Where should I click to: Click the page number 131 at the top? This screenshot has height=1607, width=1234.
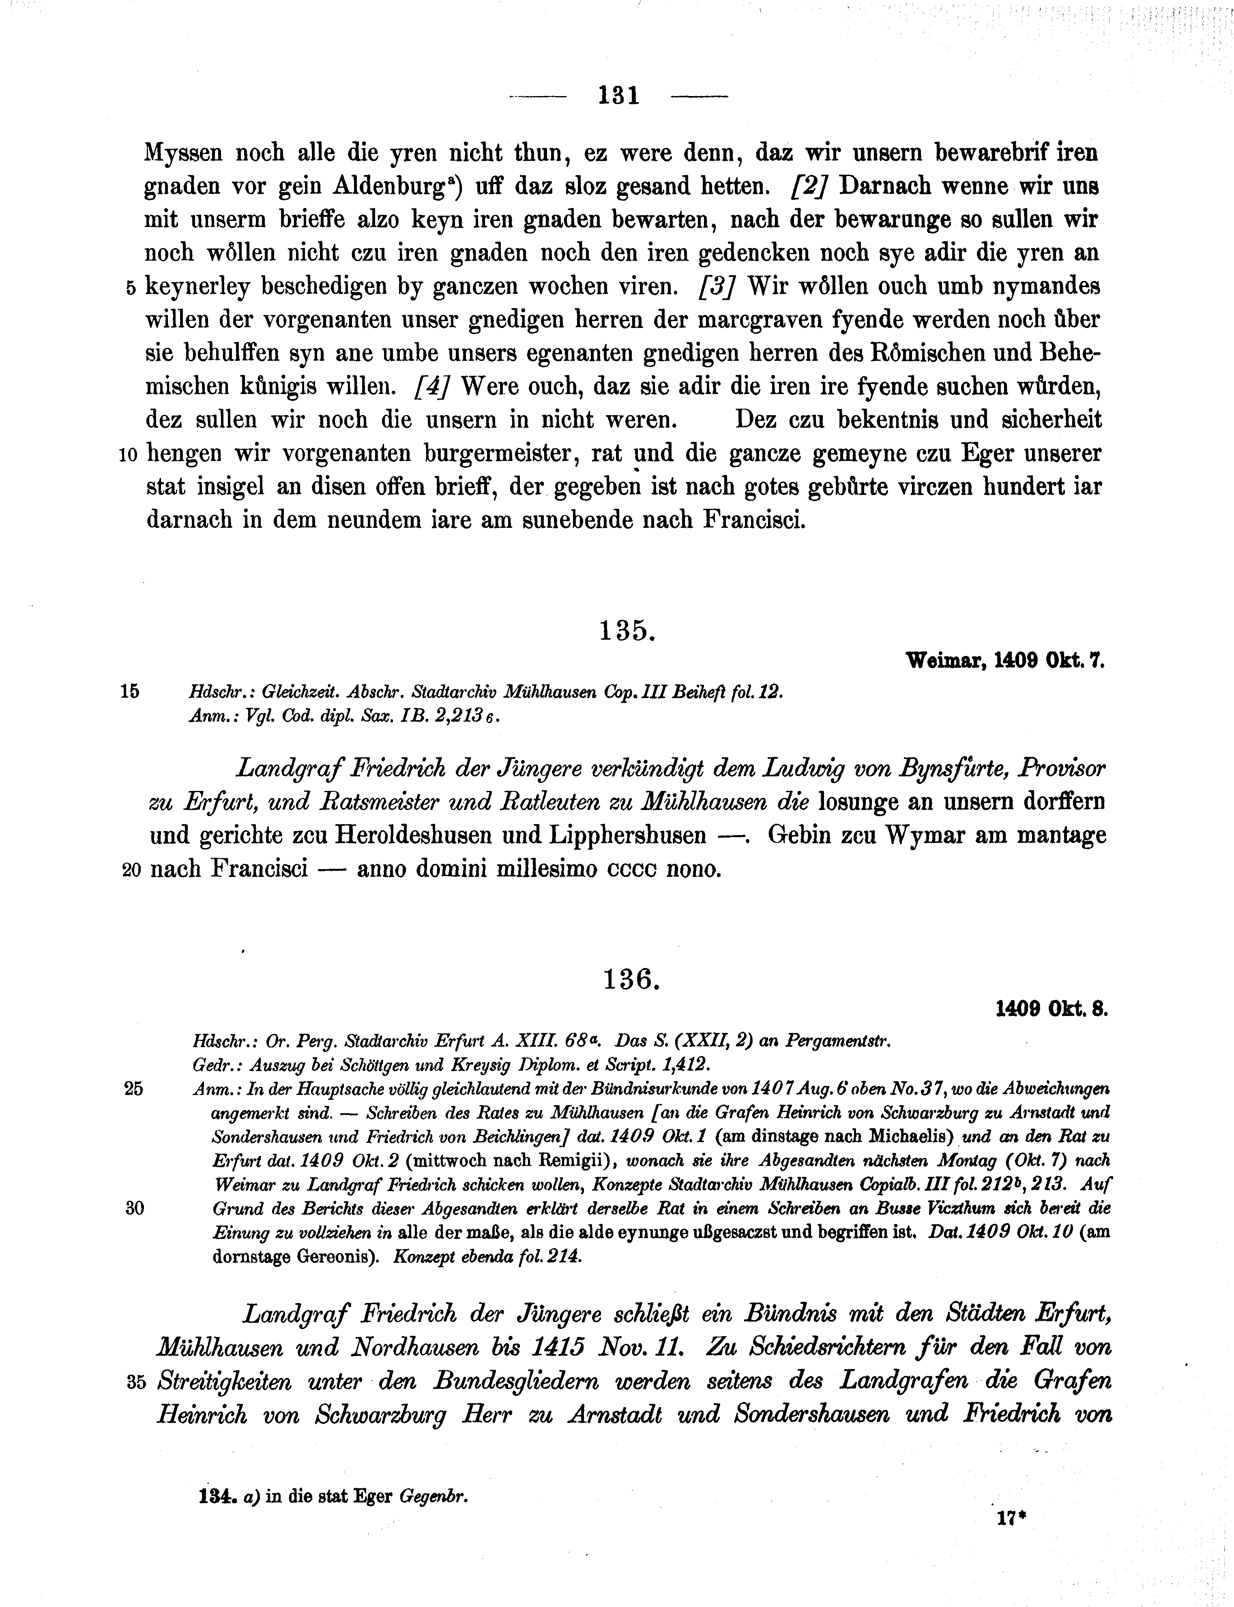point(619,96)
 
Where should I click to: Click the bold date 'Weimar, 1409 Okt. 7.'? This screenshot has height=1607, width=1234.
point(1006,661)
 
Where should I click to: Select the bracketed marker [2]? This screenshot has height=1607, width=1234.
point(809,186)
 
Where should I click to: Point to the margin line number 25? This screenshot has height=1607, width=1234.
point(134,1089)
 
